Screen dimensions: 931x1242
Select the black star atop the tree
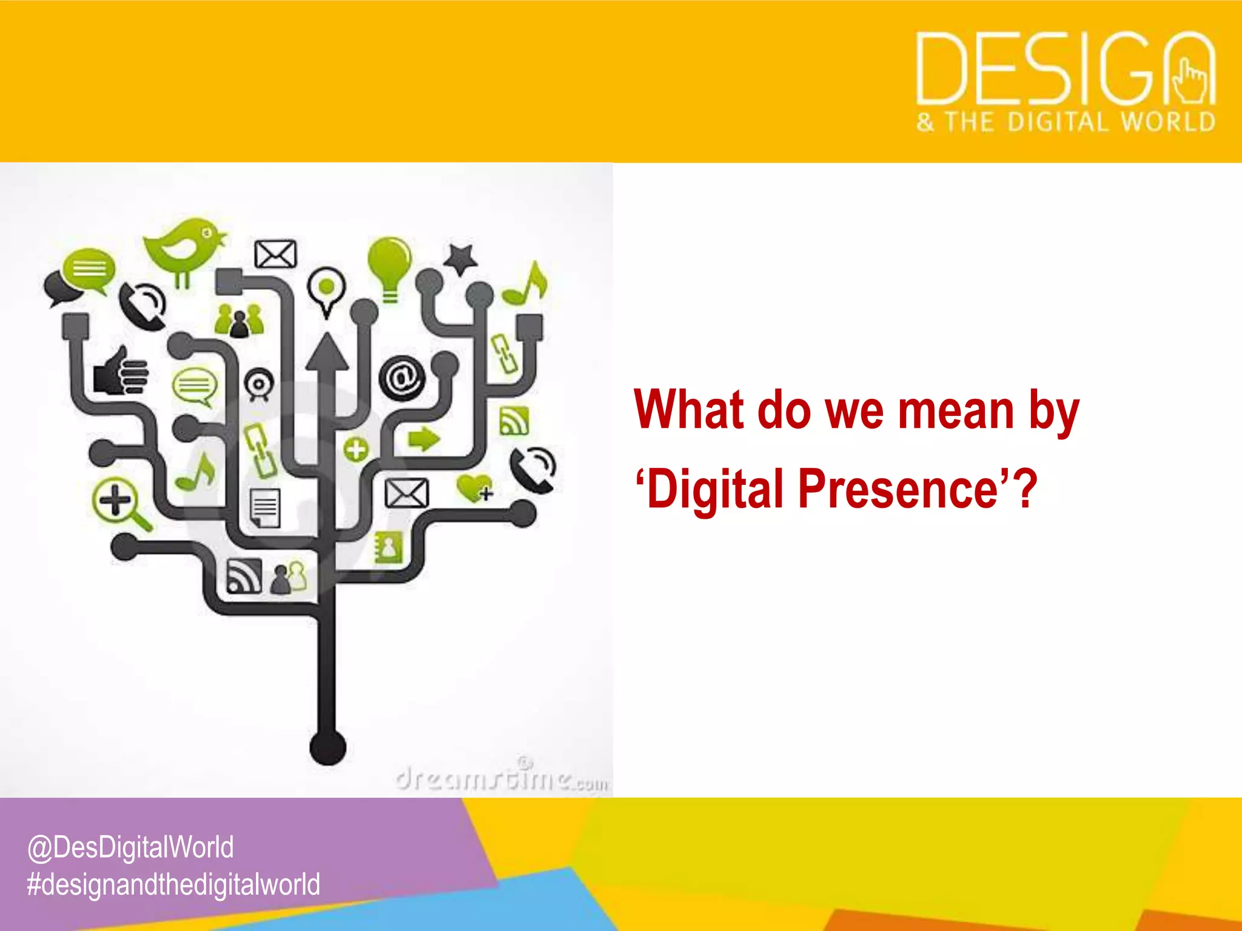(460, 259)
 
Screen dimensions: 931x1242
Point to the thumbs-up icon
(121, 371)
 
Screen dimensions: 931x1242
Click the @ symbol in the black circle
(401, 378)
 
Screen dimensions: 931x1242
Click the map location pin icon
(327, 289)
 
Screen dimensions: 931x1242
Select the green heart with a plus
(474, 487)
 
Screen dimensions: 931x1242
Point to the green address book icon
(388, 547)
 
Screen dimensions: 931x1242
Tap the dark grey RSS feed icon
(244, 575)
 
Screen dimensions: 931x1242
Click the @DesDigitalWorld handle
(130, 847)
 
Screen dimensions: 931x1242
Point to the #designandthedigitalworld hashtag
(173, 884)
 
